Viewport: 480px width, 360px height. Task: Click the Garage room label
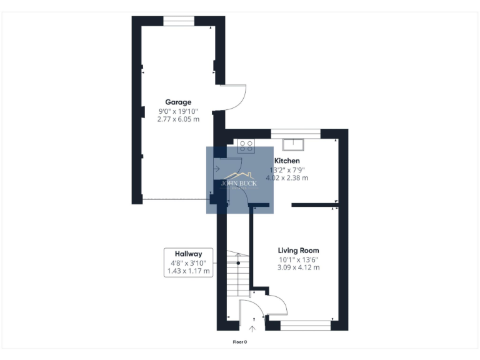178,102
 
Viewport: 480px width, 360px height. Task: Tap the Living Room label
299,251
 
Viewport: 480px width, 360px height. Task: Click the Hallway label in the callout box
188,254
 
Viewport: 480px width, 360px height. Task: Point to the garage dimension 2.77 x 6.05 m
178,119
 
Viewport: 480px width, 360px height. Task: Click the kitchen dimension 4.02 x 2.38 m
288,178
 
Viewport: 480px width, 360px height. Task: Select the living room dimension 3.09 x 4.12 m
299,267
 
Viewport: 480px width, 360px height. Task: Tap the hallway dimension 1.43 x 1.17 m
188,271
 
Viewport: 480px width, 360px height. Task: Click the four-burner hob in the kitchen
246,146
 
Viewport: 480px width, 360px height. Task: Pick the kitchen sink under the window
292,145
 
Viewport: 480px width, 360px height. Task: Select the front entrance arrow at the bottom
253,327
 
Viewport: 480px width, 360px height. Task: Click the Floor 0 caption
240,342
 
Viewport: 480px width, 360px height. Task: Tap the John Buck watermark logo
240,181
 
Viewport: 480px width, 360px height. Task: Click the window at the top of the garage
179,21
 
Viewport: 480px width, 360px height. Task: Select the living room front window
305,324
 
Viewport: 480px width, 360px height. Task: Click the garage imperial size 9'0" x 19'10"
178,111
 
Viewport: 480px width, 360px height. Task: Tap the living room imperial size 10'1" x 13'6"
299,259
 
